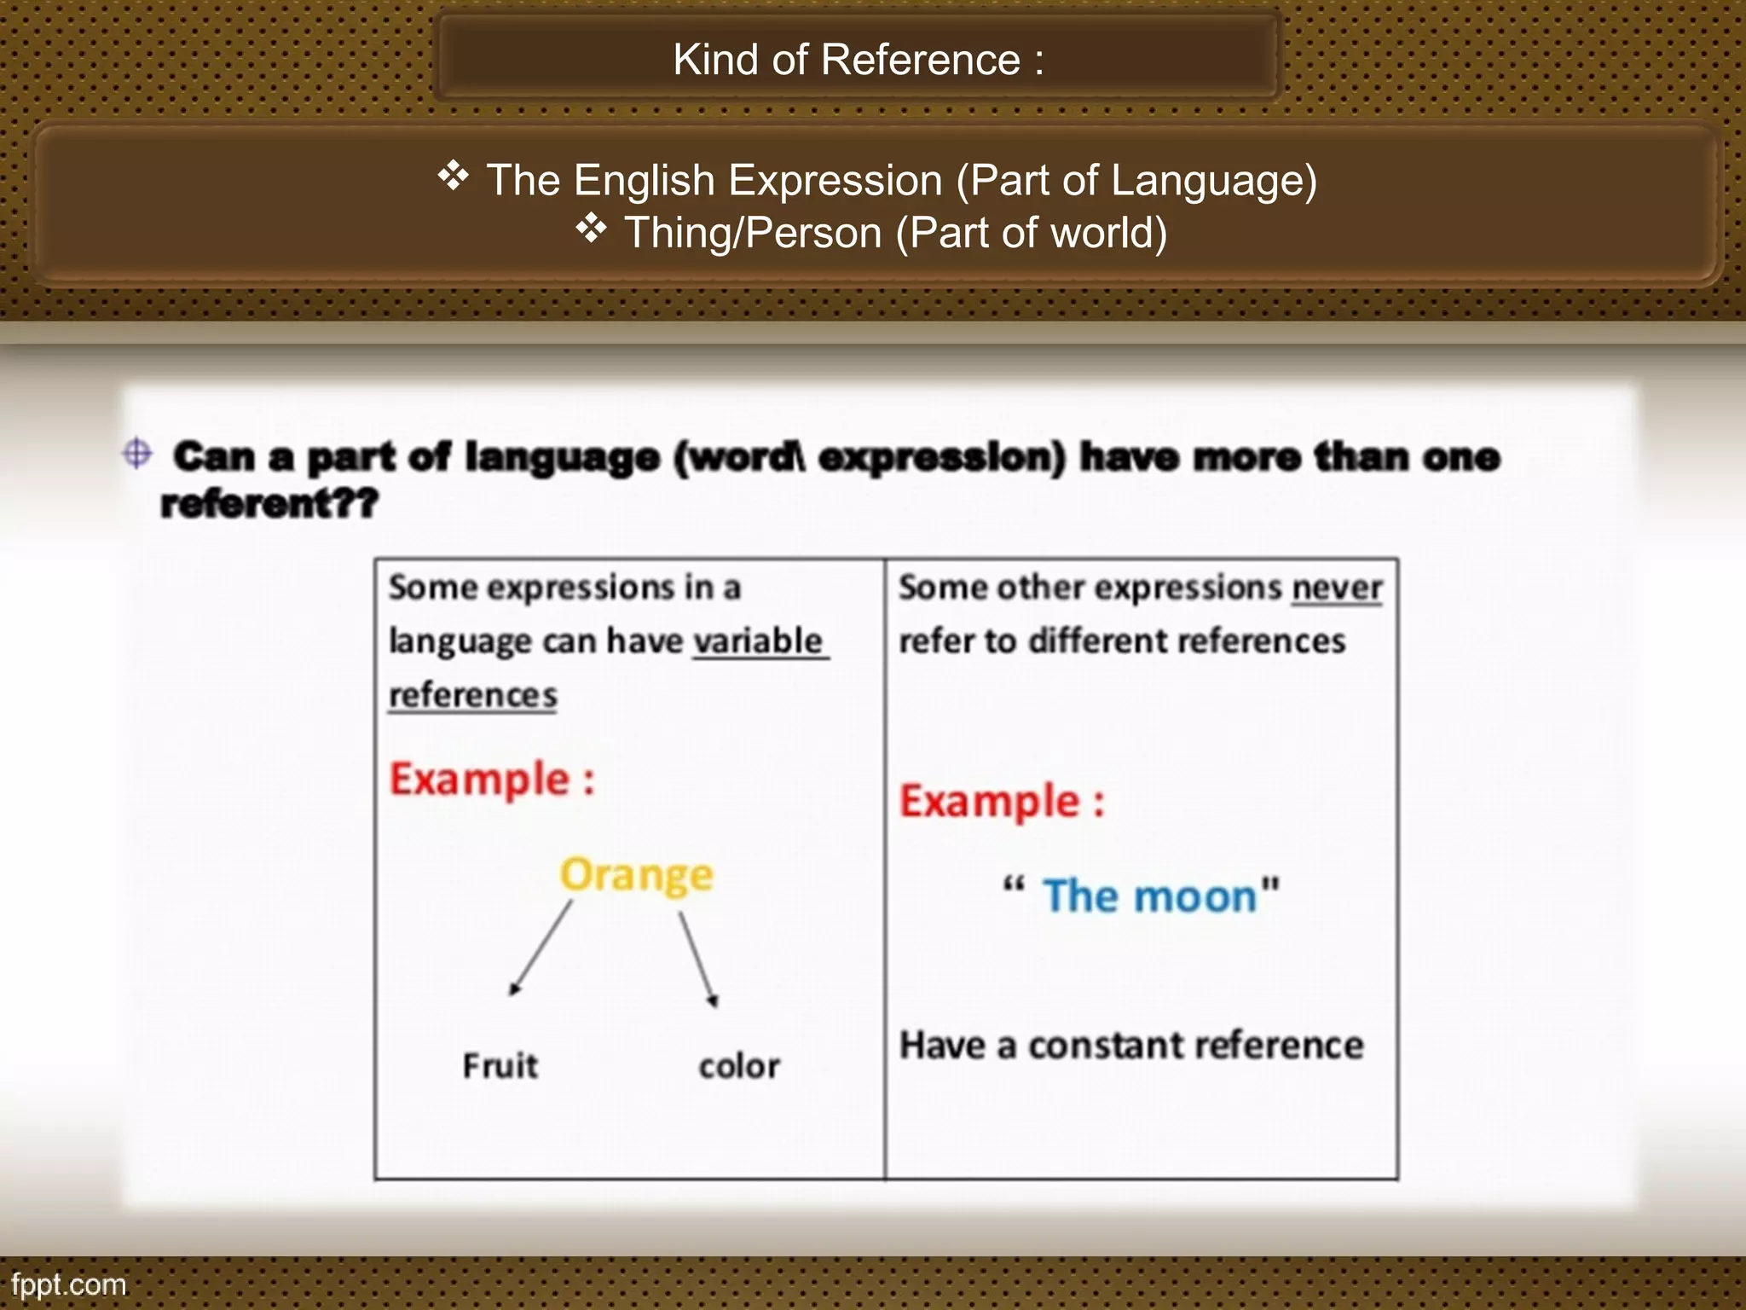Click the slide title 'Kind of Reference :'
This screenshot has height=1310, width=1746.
858,60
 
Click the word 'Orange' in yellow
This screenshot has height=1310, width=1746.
636,876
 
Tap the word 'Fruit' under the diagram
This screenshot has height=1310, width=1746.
500,1066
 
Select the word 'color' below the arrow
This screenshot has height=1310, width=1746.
739,1066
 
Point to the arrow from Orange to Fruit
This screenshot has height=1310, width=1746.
541,949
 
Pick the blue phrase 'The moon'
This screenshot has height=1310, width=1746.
1150,896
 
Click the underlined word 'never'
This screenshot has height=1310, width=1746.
1336,588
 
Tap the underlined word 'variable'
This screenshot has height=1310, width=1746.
758,641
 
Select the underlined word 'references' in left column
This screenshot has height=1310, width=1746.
473,695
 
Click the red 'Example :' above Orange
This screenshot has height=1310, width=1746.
492,780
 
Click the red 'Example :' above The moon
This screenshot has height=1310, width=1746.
1002,802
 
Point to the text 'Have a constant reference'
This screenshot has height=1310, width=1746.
1131,1046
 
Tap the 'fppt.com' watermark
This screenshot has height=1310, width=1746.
68,1284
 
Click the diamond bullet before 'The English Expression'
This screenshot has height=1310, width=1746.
454,177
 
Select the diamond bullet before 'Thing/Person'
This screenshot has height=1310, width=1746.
591,229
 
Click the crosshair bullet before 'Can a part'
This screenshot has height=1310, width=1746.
137,453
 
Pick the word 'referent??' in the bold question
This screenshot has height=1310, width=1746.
269,503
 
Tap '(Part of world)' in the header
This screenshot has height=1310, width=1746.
1031,233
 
